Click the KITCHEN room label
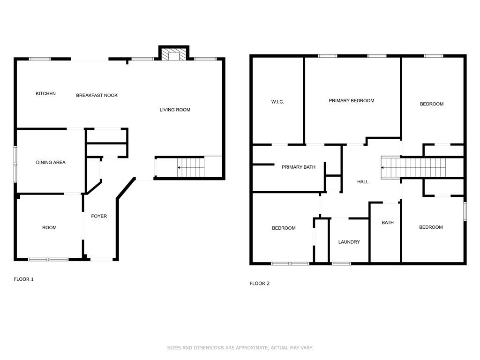click(x=45, y=94)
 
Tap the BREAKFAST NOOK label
click(x=97, y=96)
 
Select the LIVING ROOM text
click(x=175, y=110)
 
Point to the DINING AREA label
click(x=51, y=163)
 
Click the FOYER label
click(x=99, y=216)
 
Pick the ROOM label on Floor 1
click(x=49, y=228)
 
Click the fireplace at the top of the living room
click(x=174, y=53)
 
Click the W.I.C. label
click(x=277, y=102)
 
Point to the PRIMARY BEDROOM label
click(x=352, y=101)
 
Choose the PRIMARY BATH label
click(x=299, y=167)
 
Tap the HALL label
click(x=363, y=182)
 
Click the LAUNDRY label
click(x=349, y=242)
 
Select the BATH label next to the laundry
click(x=388, y=223)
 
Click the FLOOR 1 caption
click(x=23, y=279)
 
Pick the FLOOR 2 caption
click(x=260, y=284)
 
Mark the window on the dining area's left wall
click(x=15, y=165)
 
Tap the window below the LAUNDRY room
click(x=341, y=263)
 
